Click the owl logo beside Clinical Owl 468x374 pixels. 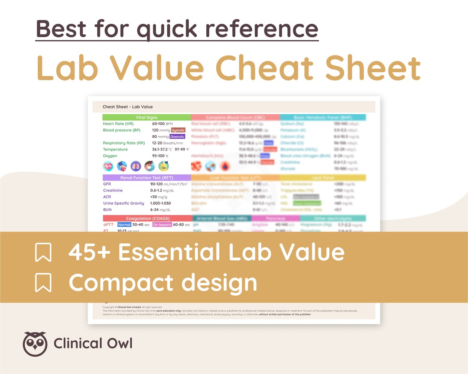click(x=35, y=344)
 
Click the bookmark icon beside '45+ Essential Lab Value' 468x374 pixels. click(x=43, y=252)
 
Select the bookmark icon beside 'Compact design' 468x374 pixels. click(x=43, y=282)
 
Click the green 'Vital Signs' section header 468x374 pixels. click(x=146, y=117)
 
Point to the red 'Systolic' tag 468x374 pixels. click(x=178, y=130)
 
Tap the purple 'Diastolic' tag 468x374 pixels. click(x=178, y=137)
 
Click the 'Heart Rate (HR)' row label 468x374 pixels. click(x=118, y=124)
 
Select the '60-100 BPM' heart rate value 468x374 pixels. click(x=162, y=124)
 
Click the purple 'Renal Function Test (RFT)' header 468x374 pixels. click(x=146, y=177)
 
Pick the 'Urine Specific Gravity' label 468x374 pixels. click(x=123, y=203)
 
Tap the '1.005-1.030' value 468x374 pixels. click(x=160, y=203)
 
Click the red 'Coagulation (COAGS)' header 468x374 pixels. click(x=147, y=219)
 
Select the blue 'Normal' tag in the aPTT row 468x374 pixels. click(x=124, y=225)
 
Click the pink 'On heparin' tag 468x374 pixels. click(x=162, y=225)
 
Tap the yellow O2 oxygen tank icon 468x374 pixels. click(x=163, y=166)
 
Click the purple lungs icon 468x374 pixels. click(x=136, y=166)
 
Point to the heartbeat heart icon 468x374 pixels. click(x=108, y=166)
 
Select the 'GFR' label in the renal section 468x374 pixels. click(x=107, y=184)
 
